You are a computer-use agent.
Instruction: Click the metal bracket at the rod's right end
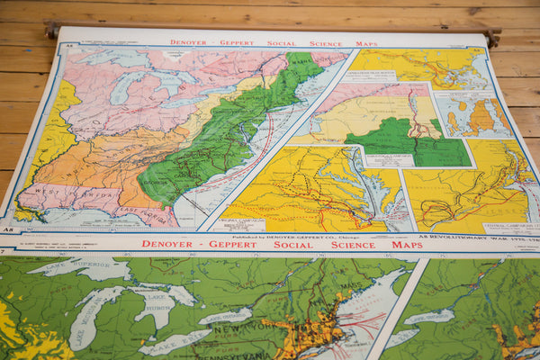490,36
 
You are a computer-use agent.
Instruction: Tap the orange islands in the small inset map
481,117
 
